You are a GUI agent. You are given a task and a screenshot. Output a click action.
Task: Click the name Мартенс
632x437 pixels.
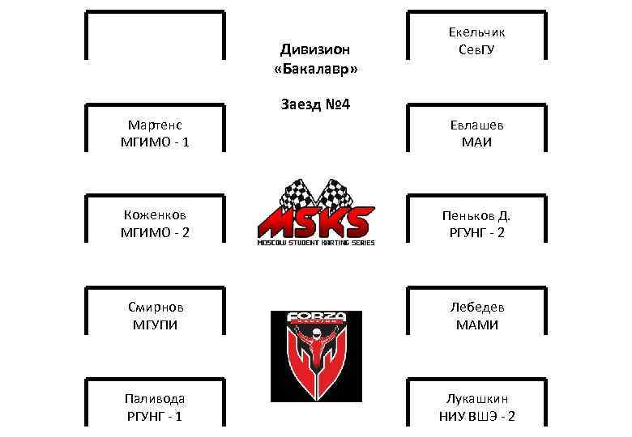(x=155, y=125)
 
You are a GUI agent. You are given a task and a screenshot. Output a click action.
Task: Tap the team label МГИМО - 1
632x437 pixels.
(x=155, y=142)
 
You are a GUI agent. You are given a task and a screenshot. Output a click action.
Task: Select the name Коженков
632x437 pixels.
(x=155, y=215)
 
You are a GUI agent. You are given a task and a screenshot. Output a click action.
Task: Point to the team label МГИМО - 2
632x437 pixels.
(x=155, y=233)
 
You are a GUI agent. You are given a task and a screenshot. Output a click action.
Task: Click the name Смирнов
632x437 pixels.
(x=155, y=308)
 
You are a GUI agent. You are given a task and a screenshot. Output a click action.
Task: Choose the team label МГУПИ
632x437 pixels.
(x=155, y=325)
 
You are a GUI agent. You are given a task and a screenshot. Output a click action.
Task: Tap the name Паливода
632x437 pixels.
(x=155, y=398)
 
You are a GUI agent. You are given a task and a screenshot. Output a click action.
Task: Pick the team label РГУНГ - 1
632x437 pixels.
(x=155, y=416)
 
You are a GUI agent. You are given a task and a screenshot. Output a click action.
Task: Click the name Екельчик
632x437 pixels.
(x=476, y=32)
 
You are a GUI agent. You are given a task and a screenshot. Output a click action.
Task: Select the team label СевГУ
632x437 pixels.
(x=476, y=50)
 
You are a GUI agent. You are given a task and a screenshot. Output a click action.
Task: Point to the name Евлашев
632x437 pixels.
(x=476, y=125)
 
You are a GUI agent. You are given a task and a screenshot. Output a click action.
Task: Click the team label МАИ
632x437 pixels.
(x=476, y=142)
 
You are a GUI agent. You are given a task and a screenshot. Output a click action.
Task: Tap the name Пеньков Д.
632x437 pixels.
(x=476, y=215)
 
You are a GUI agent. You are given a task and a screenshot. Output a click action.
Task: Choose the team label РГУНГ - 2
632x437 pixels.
(x=476, y=233)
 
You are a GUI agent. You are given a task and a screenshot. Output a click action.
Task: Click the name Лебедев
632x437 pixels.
(x=476, y=308)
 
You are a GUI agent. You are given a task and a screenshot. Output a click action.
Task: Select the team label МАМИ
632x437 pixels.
(x=476, y=325)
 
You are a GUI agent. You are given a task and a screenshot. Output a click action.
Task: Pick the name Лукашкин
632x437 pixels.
(x=476, y=398)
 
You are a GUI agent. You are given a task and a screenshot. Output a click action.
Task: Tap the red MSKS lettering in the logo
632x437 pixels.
(x=316, y=221)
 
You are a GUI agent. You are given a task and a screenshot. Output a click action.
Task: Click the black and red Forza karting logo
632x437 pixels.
(x=315, y=356)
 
